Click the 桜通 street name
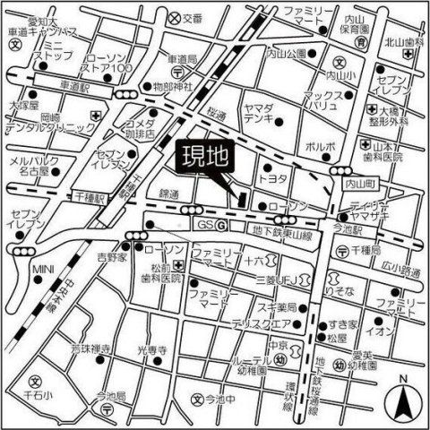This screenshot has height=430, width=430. (214, 114)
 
